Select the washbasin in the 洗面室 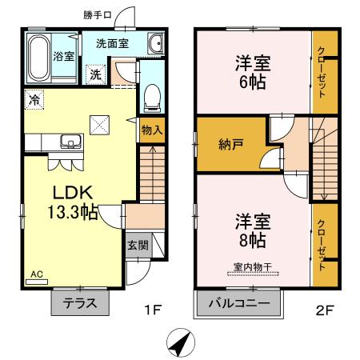(x=155, y=45)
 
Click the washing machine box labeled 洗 (x=95, y=74)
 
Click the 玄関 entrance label (x=137, y=245)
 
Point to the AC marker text (x=36, y=274)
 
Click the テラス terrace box (x=81, y=303)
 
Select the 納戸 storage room (x=231, y=145)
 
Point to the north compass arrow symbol (x=181, y=344)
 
